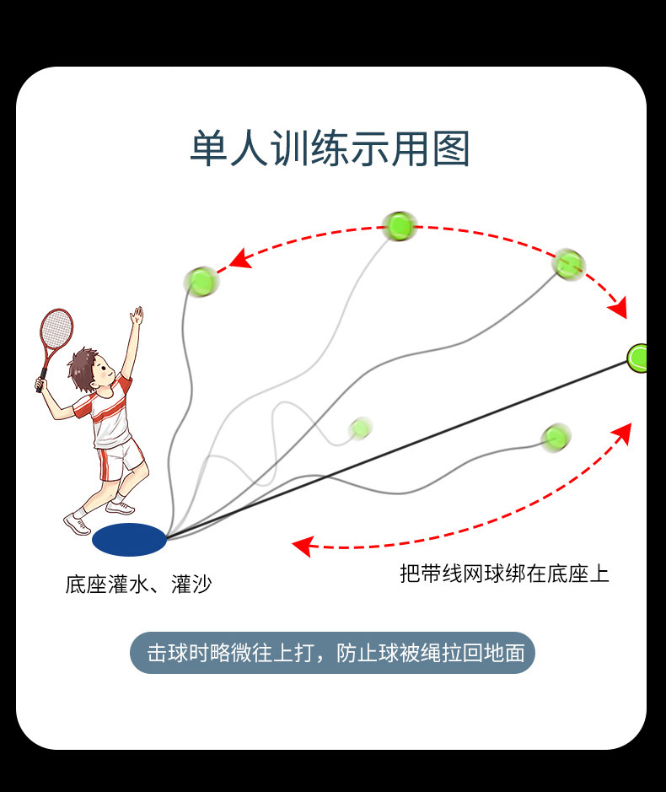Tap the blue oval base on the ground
point(129,540)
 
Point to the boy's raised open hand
point(137,317)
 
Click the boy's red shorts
point(119,461)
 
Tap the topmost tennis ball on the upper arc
point(398,225)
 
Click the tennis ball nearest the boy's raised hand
point(201,280)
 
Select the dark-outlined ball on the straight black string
point(640,358)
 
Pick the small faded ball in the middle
point(361,428)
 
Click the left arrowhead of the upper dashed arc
point(240,259)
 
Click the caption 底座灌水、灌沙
point(138,584)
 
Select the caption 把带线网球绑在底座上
point(504,574)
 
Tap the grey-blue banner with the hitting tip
point(332,653)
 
